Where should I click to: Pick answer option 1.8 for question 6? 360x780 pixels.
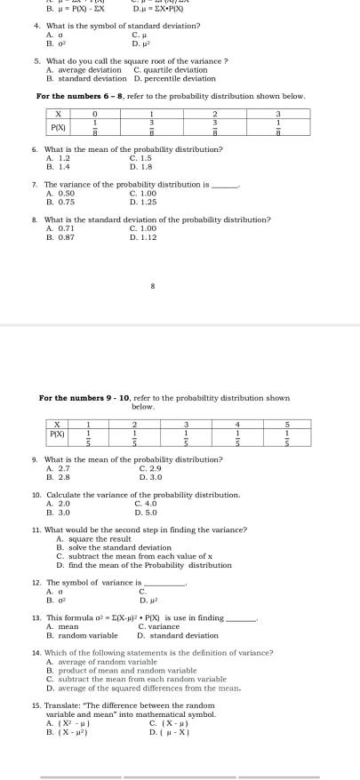(x=141, y=166)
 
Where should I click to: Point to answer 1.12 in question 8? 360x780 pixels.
(x=142, y=236)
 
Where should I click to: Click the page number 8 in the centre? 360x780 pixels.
(x=153, y=286)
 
